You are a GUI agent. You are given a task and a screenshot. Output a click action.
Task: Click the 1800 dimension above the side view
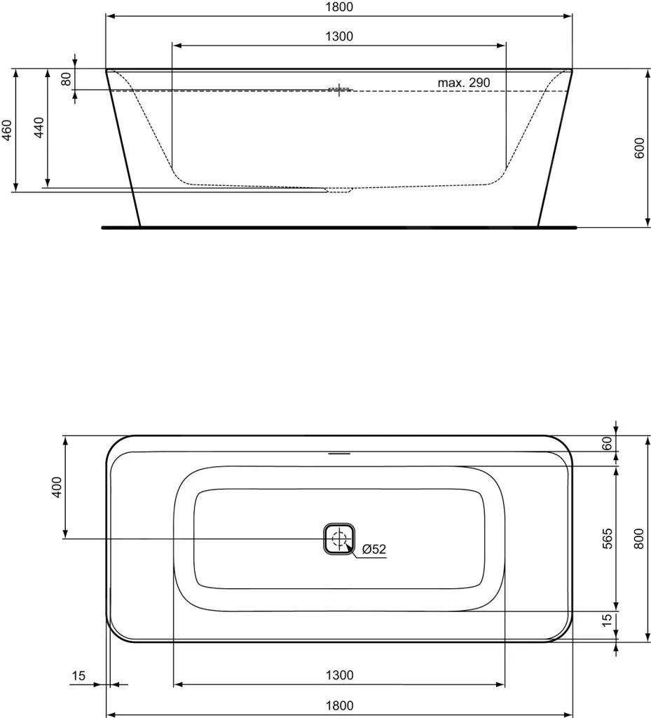click(339, 7)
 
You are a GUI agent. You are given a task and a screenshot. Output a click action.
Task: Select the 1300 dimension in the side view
click(339, 36)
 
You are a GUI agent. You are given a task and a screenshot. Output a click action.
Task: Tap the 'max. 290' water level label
click(463, 83)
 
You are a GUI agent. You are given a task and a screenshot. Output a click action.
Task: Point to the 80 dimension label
click(67, 79)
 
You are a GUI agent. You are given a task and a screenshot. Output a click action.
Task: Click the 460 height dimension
click(7, 130)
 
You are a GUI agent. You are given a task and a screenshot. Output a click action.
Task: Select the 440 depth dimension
click(40, 128)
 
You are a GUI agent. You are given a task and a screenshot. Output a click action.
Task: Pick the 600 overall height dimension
click(639, 148)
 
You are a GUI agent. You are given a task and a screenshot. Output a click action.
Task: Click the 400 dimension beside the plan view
click(57, 487)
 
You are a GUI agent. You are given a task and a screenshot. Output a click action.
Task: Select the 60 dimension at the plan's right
click(607, 443)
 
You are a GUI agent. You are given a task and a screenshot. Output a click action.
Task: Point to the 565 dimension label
click(607, 538)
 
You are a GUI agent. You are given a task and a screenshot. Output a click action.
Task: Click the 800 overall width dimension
click(639, 538)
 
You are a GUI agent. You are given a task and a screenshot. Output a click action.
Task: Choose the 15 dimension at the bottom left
click(78, 676)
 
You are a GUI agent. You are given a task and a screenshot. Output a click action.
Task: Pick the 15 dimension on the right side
click(607, 620)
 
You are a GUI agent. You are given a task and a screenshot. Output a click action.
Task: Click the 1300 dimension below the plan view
click(339, 675)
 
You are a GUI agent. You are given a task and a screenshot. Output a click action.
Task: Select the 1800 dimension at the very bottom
click(339, 705)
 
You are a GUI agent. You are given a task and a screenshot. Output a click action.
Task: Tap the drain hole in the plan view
click(340, 539)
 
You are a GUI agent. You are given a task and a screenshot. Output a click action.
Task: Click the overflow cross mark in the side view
click(340, 90)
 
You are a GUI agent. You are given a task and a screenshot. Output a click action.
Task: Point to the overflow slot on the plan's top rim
click(339, 453)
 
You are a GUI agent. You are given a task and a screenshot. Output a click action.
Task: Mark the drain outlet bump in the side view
click(339, 191)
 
